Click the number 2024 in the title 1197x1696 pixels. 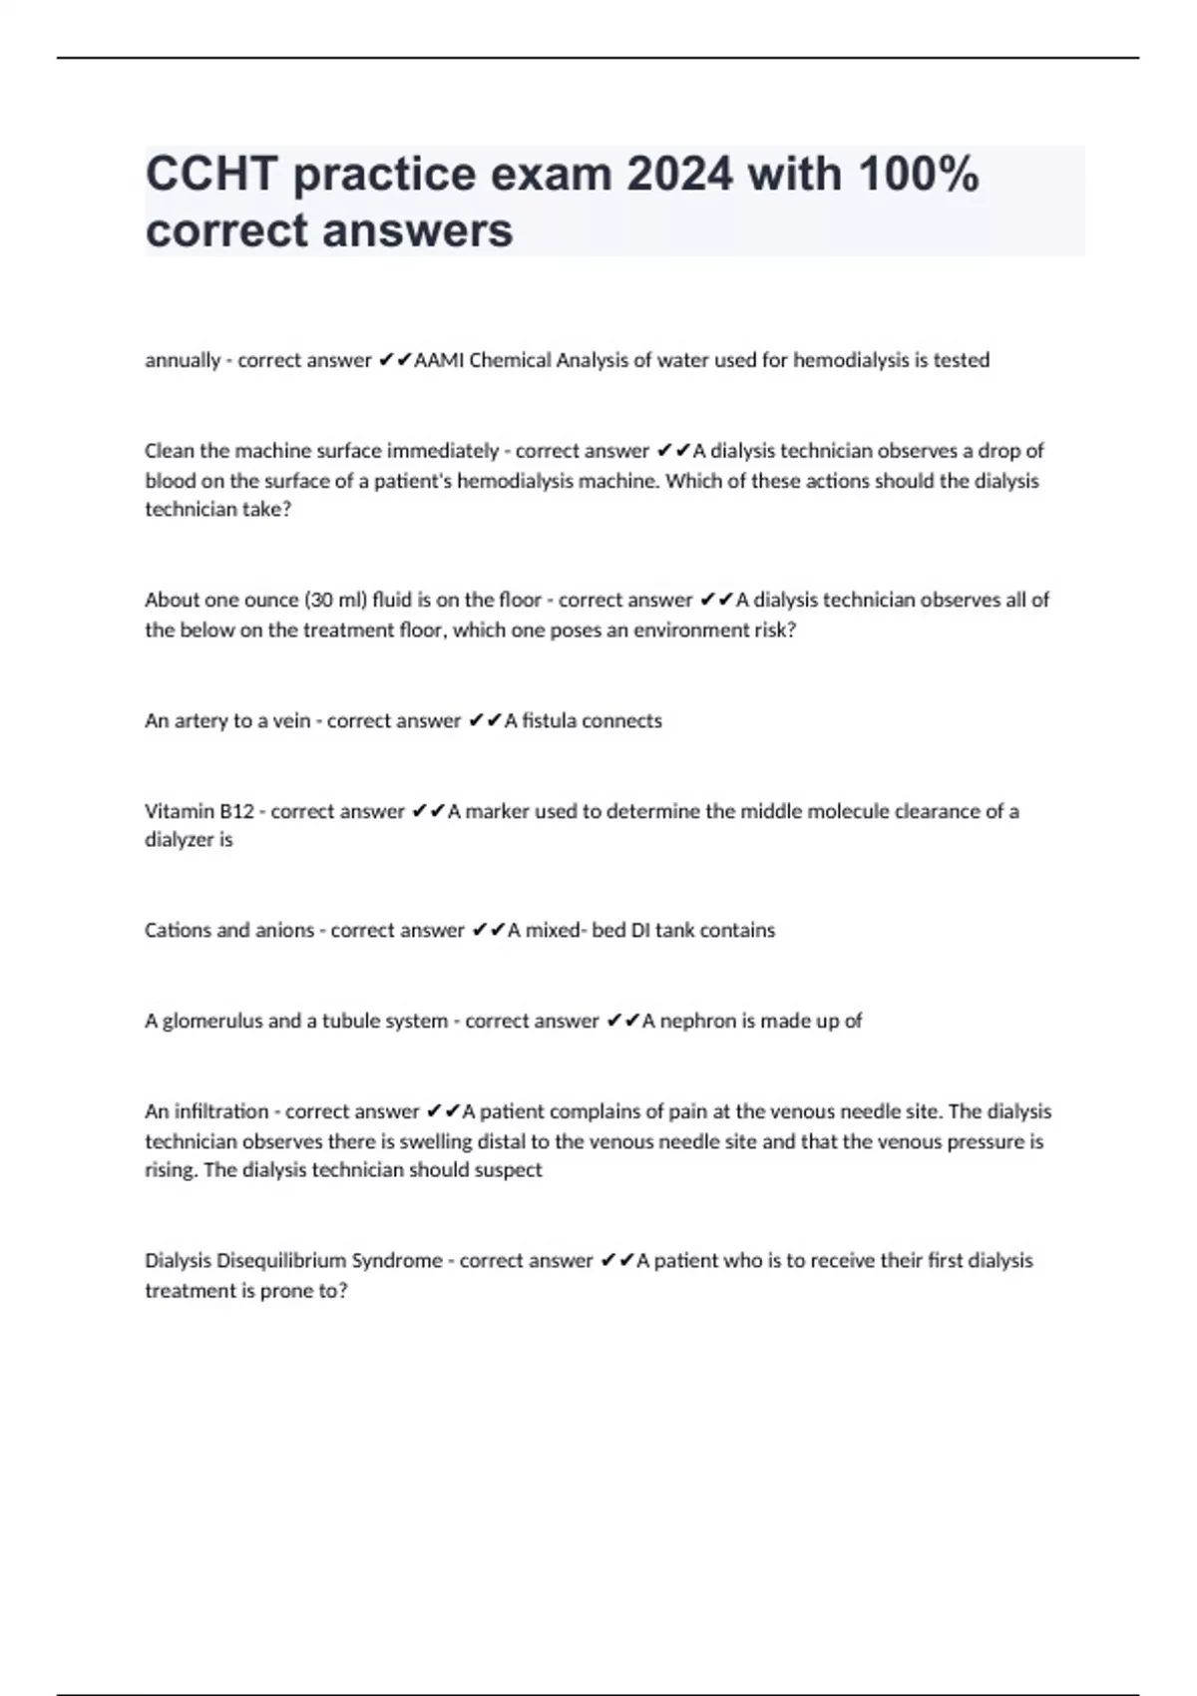click(x=679, y=175)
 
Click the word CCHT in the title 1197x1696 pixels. click(x=211, y=175)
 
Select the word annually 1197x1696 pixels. click(x=182, y=360)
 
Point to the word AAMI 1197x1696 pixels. click(x=438, y=360)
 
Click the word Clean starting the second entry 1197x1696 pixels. click(x=170, y=451)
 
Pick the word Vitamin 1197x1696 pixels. click(x=180, y=811)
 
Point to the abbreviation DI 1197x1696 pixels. click(x=640, y=930)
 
